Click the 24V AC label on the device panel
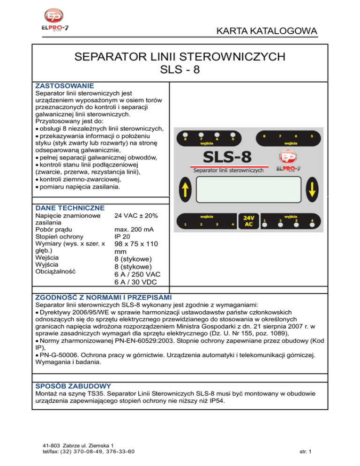[249, 221]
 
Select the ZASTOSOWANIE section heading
[65, 86]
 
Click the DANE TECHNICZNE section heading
[70, 208]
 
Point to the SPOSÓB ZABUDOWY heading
[73, 386]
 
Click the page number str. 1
[308, 452]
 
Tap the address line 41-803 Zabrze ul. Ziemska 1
[77, 445]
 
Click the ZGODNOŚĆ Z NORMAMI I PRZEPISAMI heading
[104, 297]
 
